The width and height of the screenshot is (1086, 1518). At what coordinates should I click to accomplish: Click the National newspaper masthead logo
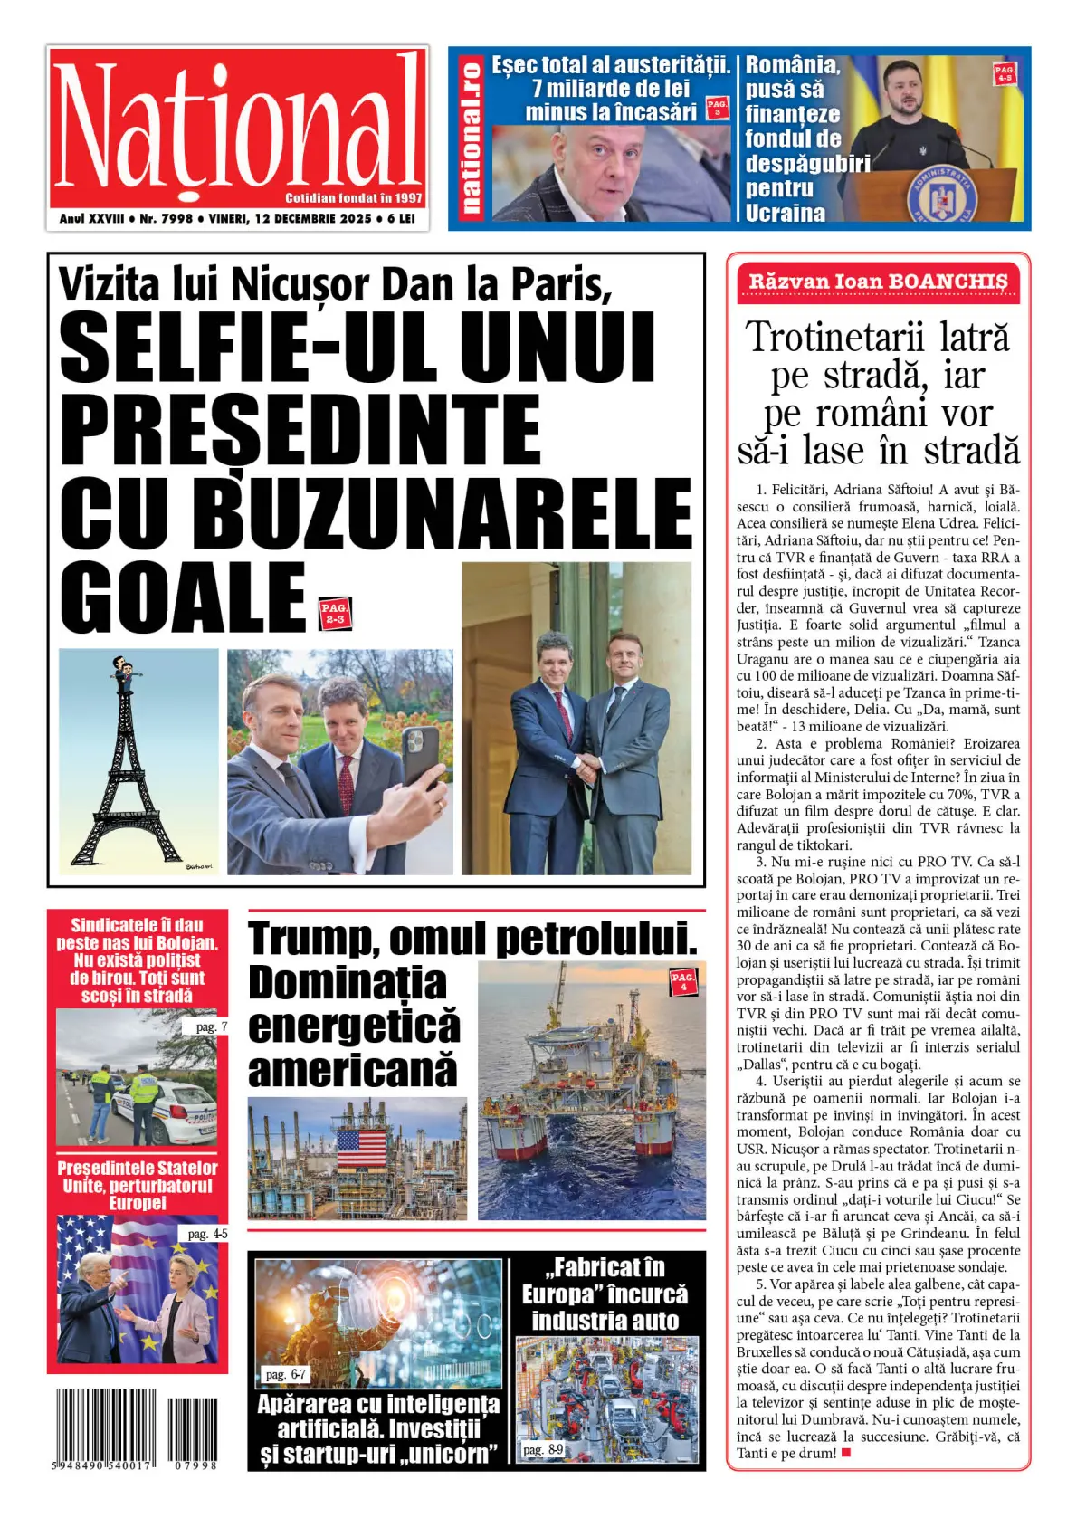tap(237, 127)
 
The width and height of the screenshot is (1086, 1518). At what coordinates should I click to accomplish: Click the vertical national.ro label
tap(471, 138)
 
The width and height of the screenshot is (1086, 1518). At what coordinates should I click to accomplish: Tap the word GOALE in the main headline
tap(184, 598)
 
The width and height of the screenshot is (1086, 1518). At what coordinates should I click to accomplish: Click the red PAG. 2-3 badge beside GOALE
tap(335, 613)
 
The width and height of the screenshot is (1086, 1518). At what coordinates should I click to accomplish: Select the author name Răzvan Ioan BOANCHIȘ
tap(877, 282)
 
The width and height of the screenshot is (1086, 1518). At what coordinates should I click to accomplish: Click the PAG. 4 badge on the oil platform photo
tap(683, 980)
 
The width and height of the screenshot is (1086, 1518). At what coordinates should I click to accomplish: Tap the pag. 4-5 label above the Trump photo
tap(207, 1234)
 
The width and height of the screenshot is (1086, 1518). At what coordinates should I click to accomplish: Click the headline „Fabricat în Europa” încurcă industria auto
tap(605, 1294)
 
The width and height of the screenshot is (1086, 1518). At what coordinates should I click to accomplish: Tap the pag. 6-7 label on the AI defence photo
tap(285, 1374)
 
